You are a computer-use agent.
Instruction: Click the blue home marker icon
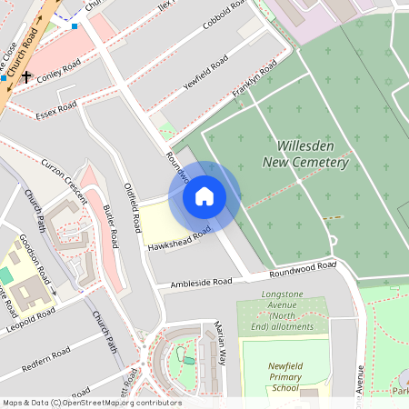point(204,196)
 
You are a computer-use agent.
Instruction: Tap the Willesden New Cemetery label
point(305,154)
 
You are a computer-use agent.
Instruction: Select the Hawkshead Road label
point(178,239)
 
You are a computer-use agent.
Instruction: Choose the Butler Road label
point(108,226)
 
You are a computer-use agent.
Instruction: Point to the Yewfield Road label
point(204,68)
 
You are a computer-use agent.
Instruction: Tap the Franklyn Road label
point(254,81)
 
